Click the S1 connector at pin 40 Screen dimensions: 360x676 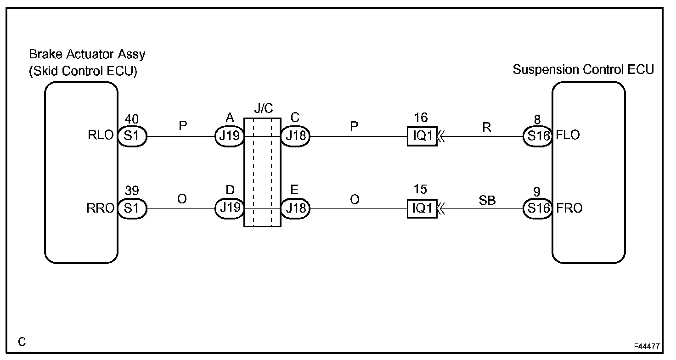[131, 136]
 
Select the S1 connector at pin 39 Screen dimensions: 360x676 [131, 208]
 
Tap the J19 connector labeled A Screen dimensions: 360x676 [229, 136]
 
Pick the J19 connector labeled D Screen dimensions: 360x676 [229, 208]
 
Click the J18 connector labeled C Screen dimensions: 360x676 [295, 136]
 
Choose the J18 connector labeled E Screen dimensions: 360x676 [295, 208]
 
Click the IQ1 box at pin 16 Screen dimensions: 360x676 [422, 136]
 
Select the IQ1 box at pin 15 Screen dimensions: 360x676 [422, 208]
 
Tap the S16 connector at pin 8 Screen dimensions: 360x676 [537, 136]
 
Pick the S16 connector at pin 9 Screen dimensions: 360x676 [537, 208]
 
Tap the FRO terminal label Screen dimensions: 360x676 [569, 208]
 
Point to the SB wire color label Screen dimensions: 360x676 [487, 200]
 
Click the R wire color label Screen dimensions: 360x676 [487, 128]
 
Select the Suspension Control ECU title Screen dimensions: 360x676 [583, 70]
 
